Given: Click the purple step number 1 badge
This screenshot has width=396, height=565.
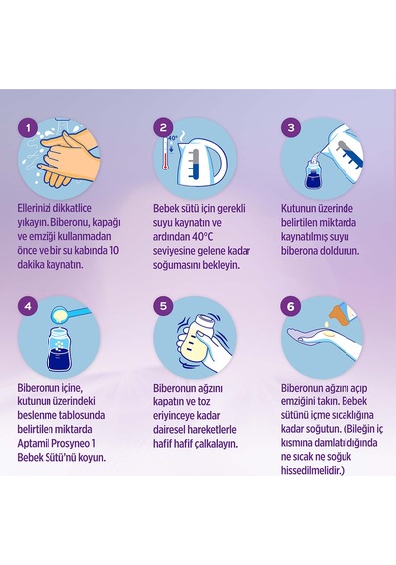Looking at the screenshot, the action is [28, 127].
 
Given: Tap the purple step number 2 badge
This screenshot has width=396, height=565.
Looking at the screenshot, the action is [163, 127].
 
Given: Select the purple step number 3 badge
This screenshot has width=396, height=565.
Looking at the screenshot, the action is [291, 127].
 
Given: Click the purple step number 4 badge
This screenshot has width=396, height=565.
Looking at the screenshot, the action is [28, 306].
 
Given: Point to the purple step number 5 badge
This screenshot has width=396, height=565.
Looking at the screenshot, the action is [163, 306].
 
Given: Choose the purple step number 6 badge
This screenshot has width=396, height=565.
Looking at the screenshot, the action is [291, 306].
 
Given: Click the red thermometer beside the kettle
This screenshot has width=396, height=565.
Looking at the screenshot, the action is [165, 153].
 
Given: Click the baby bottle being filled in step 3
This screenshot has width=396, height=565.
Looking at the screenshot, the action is [314, 174].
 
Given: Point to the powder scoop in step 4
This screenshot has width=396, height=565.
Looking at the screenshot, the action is [70, 314].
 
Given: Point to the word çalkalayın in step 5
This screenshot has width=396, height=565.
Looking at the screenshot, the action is [216, 444].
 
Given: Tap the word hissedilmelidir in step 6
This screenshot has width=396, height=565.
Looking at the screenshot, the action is [311, 470].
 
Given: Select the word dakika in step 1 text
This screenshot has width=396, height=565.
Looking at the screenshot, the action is [30, 264].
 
